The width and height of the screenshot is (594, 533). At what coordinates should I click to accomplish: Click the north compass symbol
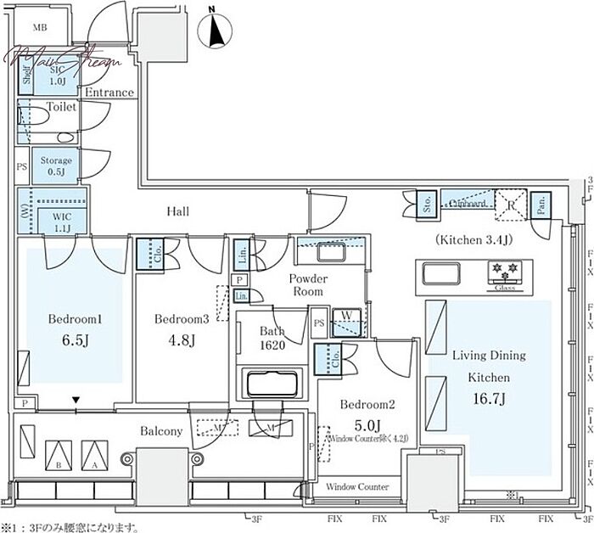(x=215, y=31)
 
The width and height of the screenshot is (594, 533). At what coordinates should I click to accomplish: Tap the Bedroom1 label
(x=76, y=320)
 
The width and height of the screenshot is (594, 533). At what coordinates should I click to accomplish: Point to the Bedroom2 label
(x=361, y=406)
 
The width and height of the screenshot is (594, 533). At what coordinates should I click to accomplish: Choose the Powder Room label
(x=309, y=284)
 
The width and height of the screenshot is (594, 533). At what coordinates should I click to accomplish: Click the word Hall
(x=178, y=211)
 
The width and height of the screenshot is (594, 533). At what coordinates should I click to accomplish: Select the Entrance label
(x=109, y=93)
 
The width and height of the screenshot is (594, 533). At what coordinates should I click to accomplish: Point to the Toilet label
(x=62, y=108)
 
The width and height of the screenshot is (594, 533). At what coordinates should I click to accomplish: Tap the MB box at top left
(x=40, y=28)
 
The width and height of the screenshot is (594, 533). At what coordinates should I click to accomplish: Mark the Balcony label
(x=161, y=432)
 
